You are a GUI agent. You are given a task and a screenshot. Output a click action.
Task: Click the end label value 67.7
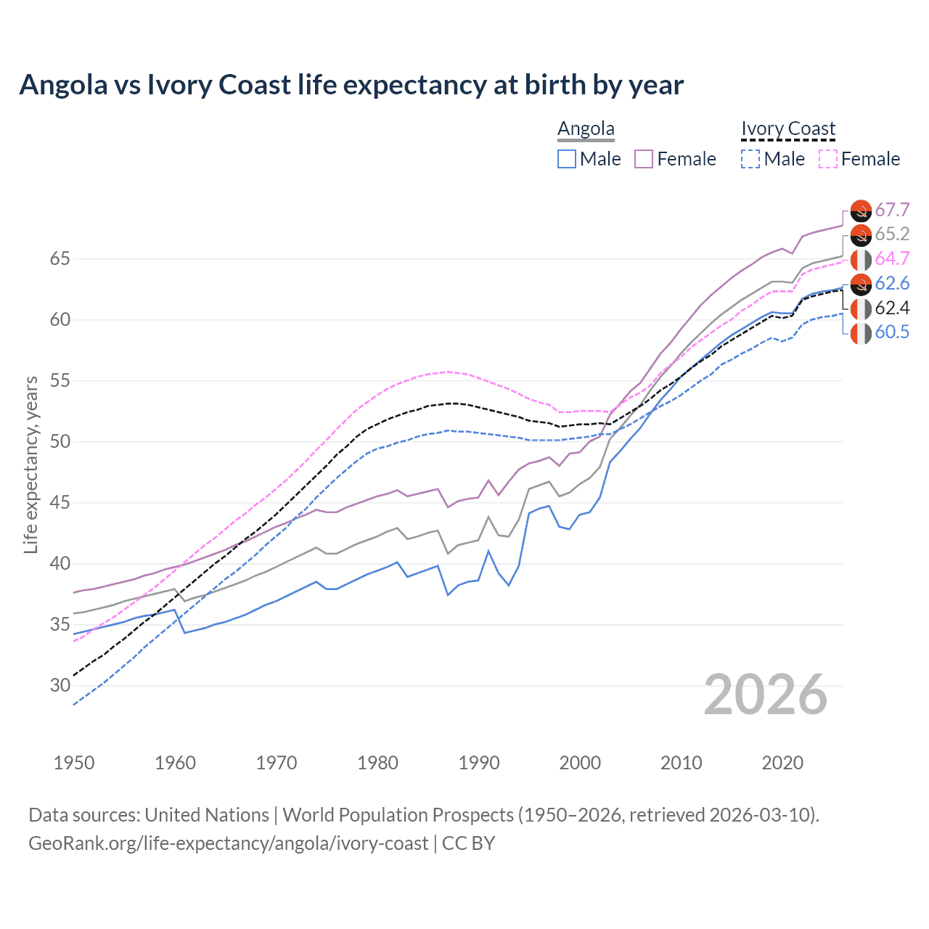click(x=892, y=210)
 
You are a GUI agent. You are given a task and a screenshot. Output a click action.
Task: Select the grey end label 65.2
click(x=892, y=234)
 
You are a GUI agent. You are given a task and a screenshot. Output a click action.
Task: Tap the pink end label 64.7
click(x=892, y=259)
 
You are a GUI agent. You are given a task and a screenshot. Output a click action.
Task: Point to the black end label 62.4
click(x=892, y=308)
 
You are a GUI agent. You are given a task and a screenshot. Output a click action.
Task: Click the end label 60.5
click(x=892, y=332)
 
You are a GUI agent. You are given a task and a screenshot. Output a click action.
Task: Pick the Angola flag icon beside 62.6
click(x=861, y=284)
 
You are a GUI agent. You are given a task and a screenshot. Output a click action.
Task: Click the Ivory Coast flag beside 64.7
click(x=861, y=259)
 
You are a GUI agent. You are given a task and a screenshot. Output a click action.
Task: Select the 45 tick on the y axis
click(x=60, y=503)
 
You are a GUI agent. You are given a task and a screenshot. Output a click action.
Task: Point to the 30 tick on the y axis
click(x=60, y=686)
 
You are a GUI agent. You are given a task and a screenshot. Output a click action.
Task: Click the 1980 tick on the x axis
click(x=378, y=763)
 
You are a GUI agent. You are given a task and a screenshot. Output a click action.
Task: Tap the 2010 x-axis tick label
click(x=681, y=763)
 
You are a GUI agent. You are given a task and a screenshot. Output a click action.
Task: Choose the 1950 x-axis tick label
click(x=75, y=763)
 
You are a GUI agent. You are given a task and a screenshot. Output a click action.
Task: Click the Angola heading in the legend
click(x=586, y=128)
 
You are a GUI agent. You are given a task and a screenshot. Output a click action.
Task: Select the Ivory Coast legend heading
click(x=788, y=128)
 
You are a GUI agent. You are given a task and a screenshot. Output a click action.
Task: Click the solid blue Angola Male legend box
click(x=567, y=159)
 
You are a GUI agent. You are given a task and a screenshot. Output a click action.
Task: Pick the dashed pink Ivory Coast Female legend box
click(x=828, y=159)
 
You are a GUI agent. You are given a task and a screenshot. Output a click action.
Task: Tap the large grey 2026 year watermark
click(x=766, y=695)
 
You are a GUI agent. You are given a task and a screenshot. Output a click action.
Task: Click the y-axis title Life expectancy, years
click(x=31, y=464)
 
